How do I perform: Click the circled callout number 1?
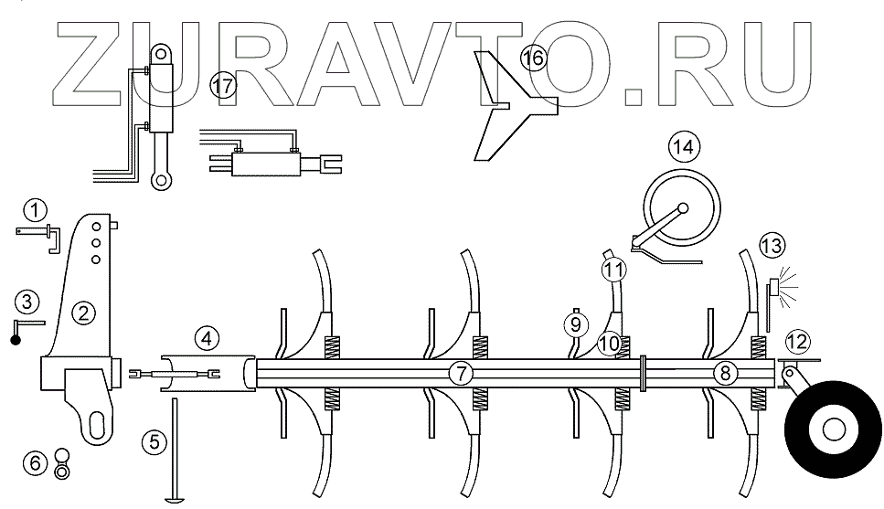[35, 211]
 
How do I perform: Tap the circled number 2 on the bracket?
[85, 313]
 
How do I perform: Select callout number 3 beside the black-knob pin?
[27, 301]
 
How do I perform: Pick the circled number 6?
[37, 463]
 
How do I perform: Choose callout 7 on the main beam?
[463, 373]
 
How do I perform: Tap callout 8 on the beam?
[725, 373]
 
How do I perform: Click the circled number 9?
[576, 323]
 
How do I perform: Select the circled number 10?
[610, 344]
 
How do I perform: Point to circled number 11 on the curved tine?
[612, 270]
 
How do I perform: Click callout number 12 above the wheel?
[797, 342]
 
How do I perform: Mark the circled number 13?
[772, 246]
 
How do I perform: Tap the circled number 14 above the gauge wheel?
[683, 144]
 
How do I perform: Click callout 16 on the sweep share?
[532, 59]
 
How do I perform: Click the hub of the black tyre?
[834, 428]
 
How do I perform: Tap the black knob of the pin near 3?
[16, 340]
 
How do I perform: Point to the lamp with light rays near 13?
[774, 288]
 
